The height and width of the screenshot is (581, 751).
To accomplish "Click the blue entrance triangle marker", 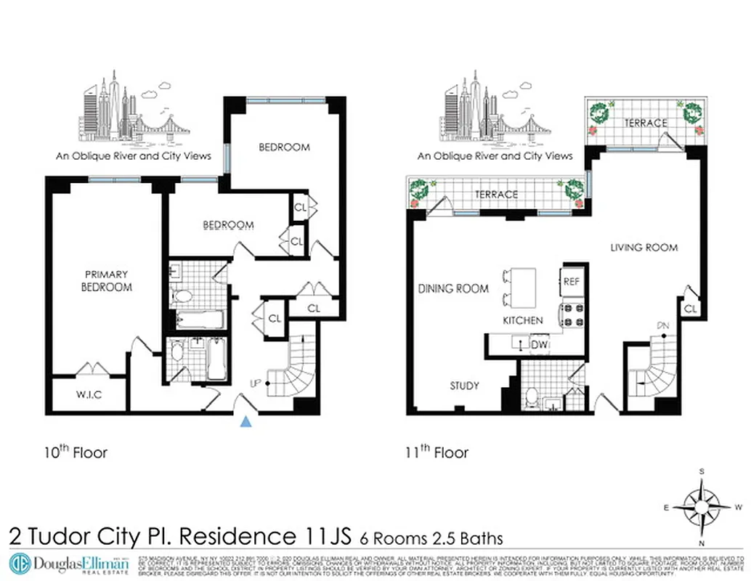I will pos(247,422).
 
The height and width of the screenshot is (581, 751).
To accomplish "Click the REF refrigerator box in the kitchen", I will pos(571,282).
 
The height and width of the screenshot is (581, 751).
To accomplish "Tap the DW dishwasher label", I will pos(539,345).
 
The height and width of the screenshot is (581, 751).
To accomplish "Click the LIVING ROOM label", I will pos(644,248).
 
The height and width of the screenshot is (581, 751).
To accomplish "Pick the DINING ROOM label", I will pos(452,288).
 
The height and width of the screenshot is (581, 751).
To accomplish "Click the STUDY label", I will pos(464,386).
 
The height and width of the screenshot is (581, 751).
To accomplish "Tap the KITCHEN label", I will pos(523,320).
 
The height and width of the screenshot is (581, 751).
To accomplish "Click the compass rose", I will pos(702,506).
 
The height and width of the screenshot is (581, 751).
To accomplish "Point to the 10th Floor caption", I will pos(76,452).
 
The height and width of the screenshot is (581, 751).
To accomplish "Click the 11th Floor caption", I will pos(437,452).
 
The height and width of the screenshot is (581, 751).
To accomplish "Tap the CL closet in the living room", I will pos(690,309).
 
